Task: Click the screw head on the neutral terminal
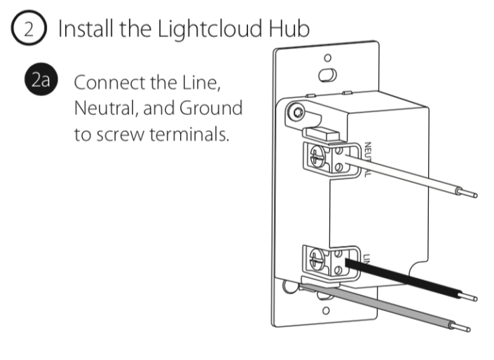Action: click(317, 155)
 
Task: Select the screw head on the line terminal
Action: click(317, 261)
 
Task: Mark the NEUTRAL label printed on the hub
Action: click(366, 158)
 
